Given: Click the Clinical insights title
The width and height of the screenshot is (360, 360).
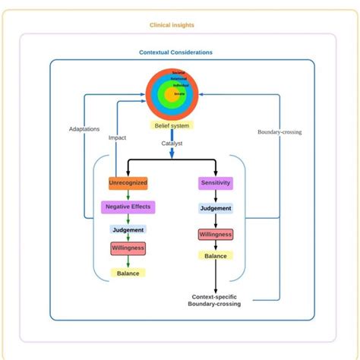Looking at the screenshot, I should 172,25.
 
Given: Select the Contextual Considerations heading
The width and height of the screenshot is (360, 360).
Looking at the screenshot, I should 175,52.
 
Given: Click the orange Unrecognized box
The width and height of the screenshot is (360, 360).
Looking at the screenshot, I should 128,183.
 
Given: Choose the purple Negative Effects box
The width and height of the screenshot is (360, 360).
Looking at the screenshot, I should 128,206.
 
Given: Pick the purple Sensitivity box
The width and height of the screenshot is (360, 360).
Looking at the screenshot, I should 216,183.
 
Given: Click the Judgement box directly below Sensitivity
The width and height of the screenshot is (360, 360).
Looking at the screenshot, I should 216,207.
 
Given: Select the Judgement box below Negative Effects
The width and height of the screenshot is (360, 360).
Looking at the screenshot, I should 128,229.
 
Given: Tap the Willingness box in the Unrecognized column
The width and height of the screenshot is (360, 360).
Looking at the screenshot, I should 128,248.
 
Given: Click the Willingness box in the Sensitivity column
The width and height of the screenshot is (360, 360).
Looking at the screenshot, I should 216,235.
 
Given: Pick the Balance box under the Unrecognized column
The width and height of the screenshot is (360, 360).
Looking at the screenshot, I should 128,273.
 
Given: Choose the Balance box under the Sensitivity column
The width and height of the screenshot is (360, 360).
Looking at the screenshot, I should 216,256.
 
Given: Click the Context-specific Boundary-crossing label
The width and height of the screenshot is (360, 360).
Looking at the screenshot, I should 215,300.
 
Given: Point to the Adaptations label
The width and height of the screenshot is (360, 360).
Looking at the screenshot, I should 84,129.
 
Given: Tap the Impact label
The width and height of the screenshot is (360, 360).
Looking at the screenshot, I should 117,138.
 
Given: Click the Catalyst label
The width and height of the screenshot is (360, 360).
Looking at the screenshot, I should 172,143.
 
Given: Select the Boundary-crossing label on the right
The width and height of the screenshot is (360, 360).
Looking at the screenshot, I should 279,131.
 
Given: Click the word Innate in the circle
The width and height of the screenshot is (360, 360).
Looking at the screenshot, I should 179,93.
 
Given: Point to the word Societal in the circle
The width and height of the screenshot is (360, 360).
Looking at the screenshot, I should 178,72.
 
